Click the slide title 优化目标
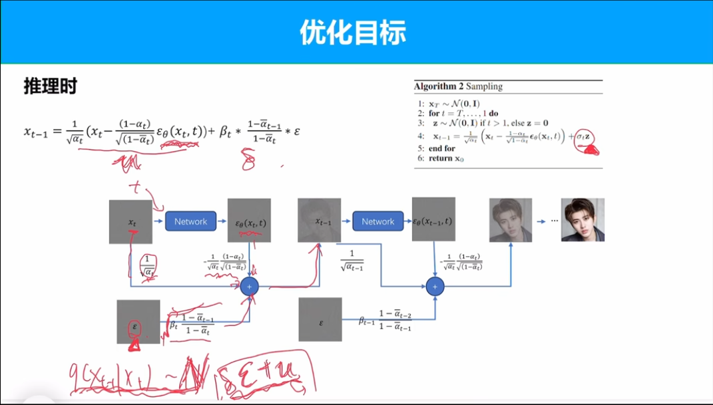352,31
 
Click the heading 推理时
50,86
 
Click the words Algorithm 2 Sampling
458,86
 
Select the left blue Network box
191,221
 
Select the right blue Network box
378,221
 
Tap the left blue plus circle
250,286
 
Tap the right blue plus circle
435,286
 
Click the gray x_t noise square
130,221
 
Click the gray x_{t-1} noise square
319,220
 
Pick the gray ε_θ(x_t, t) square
249,221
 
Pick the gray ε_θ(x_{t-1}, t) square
433,219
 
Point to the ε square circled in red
138,322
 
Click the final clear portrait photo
583,219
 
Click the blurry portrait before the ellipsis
511,220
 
